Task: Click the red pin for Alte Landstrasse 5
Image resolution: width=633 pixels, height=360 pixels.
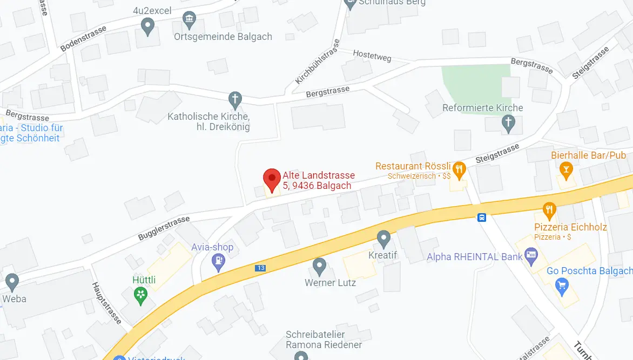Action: (x=272, y=179)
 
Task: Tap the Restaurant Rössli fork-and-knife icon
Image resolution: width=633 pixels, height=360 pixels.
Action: (x=459, y=169)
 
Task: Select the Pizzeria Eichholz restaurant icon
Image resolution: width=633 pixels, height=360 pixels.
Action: (x=549, y=209)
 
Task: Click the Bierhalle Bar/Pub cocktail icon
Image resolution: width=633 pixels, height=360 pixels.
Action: (x=566, y=172)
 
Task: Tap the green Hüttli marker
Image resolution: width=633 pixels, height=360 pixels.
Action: (x=141, y=295)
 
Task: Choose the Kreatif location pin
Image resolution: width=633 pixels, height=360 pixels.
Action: (x=383, y=237)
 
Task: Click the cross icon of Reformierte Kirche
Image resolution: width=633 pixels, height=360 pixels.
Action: (x=508, y=123)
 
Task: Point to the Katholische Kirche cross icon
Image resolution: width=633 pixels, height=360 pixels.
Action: (x=234, y=99)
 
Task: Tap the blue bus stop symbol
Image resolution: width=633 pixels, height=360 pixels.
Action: (x=481, y=218)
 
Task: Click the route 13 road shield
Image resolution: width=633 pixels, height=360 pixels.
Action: (x=261, y=267)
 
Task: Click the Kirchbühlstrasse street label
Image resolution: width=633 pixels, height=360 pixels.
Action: (x=317, y=62)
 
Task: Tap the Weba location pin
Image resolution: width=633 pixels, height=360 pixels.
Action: (x=12, y=282)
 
